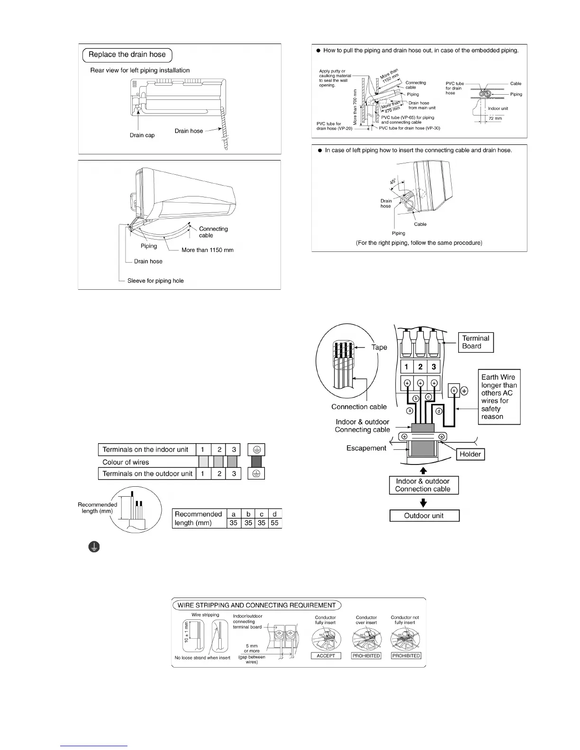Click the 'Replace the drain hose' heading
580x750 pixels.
tap(127, 55)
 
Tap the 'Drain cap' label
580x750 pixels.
tap(142, 135)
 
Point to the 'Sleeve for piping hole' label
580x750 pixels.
tap(155, 281)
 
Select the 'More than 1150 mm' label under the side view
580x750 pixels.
tap(207, 250)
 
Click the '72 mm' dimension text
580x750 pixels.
tap(495, 118)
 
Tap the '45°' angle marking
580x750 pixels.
tap(393, 181)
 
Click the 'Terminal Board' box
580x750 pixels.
tap(476, 342)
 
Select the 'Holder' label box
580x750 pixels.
tap(470, 455)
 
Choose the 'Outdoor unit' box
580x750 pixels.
tap(424, 516)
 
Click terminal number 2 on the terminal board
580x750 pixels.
tap(420, 367)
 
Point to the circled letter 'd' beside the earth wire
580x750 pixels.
tap(439, 411)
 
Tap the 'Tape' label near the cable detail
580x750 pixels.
tap(379, 347)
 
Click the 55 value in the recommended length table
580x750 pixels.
tap(275, 523)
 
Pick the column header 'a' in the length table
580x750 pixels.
tap(234, 514)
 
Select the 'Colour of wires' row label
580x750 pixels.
tap(126, 462)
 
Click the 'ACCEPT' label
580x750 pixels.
tap(326, 656)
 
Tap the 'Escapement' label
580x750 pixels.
tap(366, 448)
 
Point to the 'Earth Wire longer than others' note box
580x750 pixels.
tap(499, 397)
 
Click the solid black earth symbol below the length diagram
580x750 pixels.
tap(94, 547)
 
